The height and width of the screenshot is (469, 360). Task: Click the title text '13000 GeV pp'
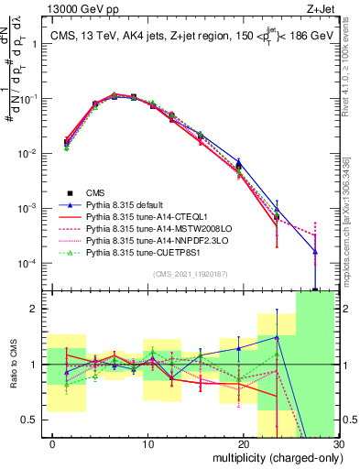[x=77, y=8]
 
